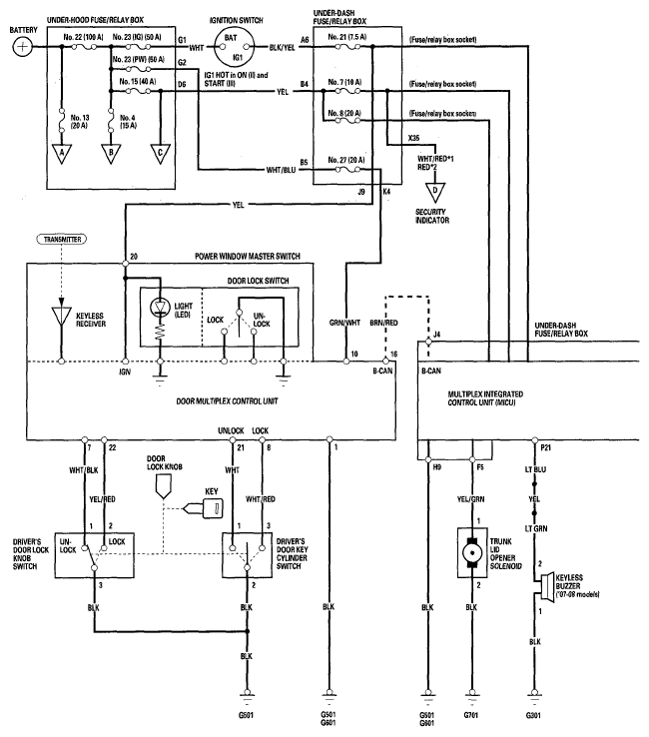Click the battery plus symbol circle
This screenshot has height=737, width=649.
22,47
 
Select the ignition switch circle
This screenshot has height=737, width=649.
234,47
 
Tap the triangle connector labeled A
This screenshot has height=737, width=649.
62,154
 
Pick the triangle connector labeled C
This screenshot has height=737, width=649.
160,154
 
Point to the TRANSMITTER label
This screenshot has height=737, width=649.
63,240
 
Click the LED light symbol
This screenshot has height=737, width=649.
160,308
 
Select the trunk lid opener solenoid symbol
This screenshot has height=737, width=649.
472,553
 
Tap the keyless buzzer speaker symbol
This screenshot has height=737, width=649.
547,586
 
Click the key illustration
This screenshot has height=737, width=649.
205,508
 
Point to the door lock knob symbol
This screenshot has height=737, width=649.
163,486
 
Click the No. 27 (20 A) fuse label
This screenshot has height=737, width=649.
345,160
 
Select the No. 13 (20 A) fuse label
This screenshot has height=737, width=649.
80,121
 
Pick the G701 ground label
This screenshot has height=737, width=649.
471,715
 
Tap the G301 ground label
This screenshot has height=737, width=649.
533,715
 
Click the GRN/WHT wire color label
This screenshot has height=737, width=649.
344,323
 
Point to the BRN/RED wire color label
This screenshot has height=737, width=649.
383,323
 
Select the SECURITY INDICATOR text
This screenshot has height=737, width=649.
432,216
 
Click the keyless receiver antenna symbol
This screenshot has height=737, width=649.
61,316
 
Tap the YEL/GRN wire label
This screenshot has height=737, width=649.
470,499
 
